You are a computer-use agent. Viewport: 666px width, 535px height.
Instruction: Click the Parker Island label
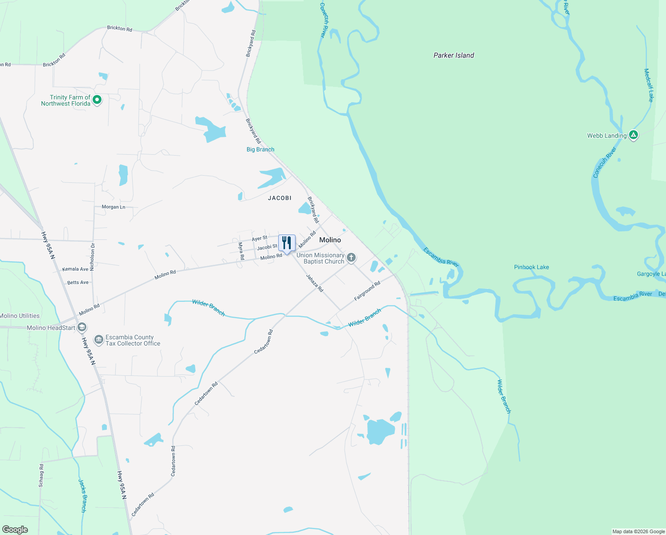[x=454, y=55]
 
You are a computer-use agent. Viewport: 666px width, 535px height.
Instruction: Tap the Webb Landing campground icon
[x=633, y=135]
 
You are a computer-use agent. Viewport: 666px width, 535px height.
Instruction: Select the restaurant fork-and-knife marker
[x=287, y=243]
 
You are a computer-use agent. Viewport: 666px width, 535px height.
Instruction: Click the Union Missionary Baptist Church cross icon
[x=351, y=258]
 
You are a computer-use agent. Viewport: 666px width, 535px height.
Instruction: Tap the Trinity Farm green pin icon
[x=97, y=100]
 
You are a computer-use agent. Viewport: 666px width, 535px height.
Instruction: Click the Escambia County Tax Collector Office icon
[x=98, y=340]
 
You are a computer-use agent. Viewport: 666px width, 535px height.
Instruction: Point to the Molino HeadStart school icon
[x=81, y=328]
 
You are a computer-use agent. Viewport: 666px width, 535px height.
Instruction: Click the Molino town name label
[x=330, y=240]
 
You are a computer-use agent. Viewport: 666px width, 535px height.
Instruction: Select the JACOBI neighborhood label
[x=280, y=198]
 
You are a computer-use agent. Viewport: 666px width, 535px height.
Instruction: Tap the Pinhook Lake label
[x=531, y=267]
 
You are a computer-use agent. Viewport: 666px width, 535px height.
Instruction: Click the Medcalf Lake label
[x=649, y=85]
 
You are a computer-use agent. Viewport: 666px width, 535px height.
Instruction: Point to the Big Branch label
[x=260, y=149]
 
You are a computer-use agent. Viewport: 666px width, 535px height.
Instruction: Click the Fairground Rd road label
[x=367, y=291]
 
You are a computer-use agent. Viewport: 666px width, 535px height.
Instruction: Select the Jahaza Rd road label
[x=314, y=283]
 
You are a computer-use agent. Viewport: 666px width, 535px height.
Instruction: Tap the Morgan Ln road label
[x=114, y=207]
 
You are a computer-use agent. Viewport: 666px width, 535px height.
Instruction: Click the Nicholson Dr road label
[x=93, y=257]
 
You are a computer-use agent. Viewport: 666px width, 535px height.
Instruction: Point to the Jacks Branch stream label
[x=83, y=495]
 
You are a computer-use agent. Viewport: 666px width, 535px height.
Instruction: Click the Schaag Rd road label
[x=41, y=475]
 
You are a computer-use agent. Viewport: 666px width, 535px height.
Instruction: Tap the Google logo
[x=15, y=530]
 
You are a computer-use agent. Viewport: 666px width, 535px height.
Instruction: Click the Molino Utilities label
[x=20, y=316]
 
